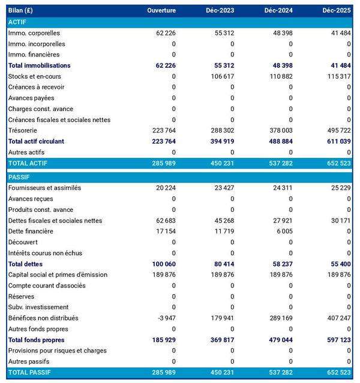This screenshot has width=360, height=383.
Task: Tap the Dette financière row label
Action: (x=31, y=231)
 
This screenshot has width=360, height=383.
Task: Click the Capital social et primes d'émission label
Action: (x=58, y=275)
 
